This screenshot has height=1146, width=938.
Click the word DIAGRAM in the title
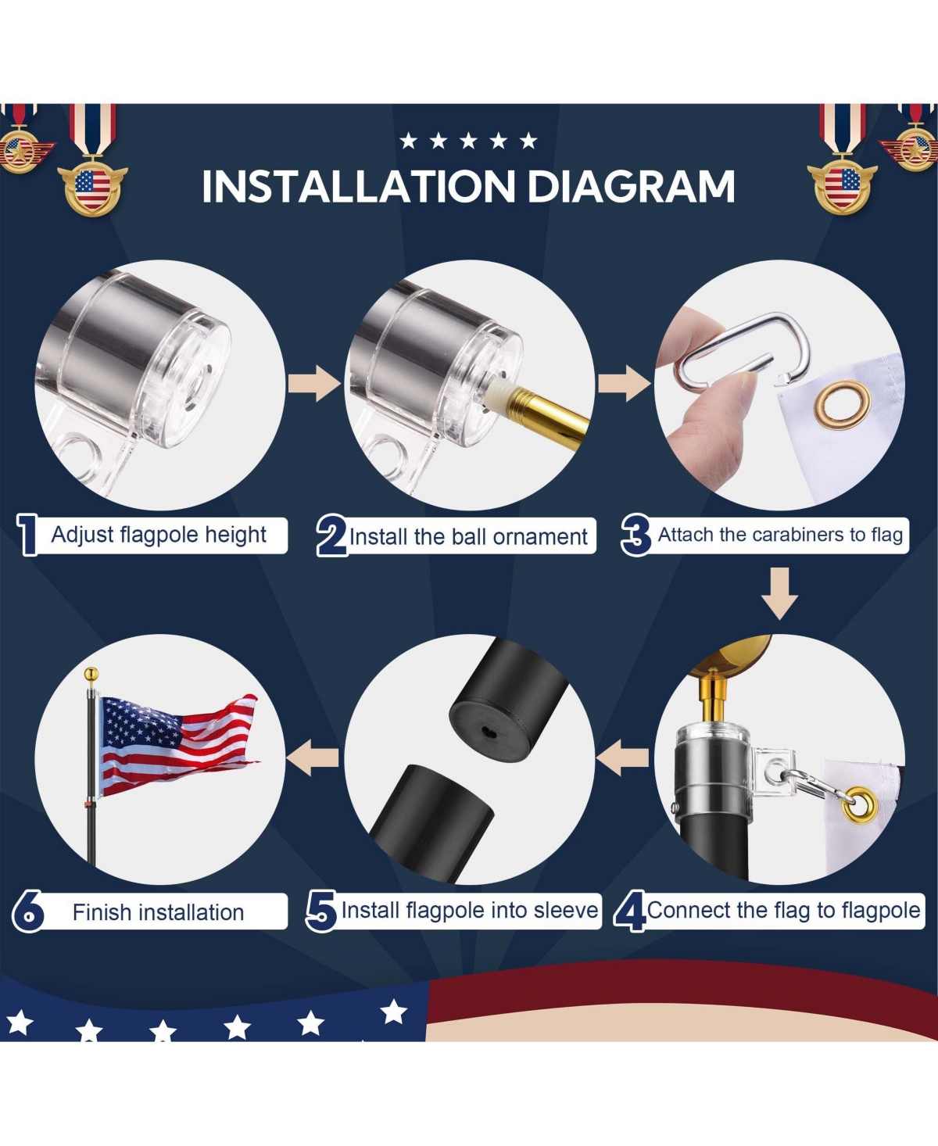click(631, 186)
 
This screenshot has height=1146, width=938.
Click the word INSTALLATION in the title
click(358, 186)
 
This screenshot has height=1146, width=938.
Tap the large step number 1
click(27, 535)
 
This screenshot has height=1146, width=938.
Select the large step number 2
click(331, 535)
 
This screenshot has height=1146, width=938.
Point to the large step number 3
click(635, 535)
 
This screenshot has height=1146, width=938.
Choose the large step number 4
click(629, 911)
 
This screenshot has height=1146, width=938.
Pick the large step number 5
click(321, 911)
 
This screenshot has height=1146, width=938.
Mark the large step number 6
click(27, 911)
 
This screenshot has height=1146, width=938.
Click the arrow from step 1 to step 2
click(314, 384)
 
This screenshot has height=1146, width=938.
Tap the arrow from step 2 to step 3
click(624, 384)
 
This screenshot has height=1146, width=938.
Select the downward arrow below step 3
click(780, 594)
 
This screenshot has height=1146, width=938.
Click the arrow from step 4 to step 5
click(622, 758)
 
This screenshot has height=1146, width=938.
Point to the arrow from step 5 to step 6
click(313, 758)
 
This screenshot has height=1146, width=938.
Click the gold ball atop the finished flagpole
click(91, 675)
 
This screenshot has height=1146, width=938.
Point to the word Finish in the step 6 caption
click(102, 912)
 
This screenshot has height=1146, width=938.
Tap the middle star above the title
click(468, 141)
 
